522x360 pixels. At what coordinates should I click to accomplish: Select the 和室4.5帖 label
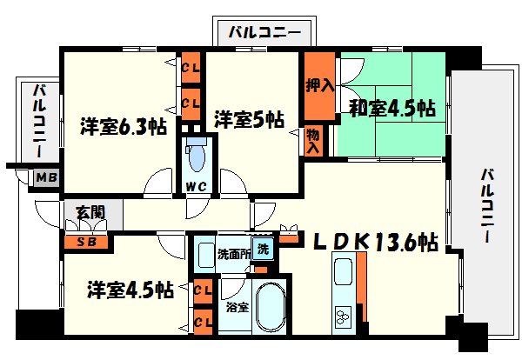point(392,109)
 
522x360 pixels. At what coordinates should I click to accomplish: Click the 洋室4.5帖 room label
point(128,289)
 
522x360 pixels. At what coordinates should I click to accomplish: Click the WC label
point(194,186)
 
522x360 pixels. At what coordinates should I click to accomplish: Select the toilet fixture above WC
point(195,157)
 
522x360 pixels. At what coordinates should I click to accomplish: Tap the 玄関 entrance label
point(75,210)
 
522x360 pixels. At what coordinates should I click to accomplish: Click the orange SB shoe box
point(86,242)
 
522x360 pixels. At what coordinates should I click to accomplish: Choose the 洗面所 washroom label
point(232,255)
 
